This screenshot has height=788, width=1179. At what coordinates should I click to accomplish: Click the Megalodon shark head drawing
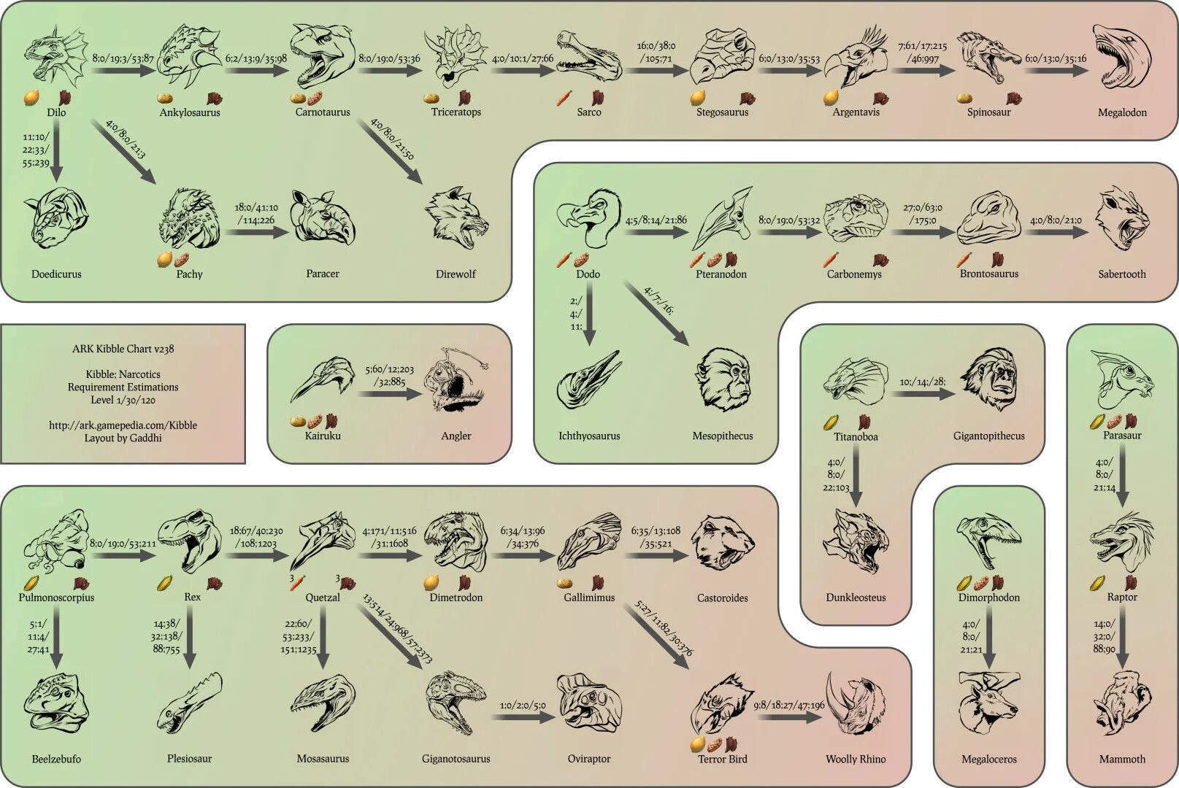(1121, 57)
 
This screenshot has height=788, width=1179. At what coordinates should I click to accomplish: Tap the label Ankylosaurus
(190, 112)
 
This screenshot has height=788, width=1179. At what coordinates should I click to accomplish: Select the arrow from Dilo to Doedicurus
(56, 157)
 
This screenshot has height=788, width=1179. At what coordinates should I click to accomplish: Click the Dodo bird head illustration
(589, 217)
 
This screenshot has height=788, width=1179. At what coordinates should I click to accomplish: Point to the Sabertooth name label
(1122, 274)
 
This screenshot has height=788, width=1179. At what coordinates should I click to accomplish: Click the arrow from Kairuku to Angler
(391, 393)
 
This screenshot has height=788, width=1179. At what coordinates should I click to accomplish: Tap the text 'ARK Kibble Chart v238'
(123, 349)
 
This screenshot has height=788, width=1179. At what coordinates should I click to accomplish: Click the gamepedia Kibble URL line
(123, 425)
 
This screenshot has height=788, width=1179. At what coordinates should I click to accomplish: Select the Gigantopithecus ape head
(989, 379)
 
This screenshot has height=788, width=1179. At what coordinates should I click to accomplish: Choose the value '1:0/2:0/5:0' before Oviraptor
(523, 706)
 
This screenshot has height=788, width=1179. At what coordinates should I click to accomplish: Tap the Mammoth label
(1122, 759)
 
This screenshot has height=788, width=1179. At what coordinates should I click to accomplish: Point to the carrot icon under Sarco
(564, 97)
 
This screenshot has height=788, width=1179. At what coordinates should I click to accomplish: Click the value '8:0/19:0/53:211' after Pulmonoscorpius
(123, 544)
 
